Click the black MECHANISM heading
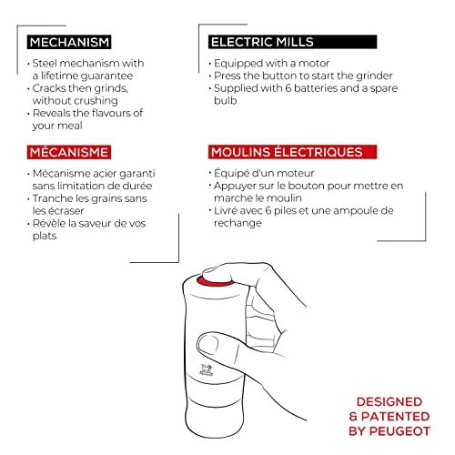tap(69, 42)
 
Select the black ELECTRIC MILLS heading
tap(292, 42)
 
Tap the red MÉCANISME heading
tap(69, 152)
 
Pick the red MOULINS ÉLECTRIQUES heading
tap(292, 152)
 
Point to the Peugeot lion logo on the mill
tap(206, 369)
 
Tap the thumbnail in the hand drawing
tap(208, 345)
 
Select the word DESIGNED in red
tap(389, 401)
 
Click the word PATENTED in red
tap(395, 417)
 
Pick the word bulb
tap(225, 100)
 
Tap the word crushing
tap(96, 101)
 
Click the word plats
tap(45, 236)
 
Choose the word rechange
tap(238, 223)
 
